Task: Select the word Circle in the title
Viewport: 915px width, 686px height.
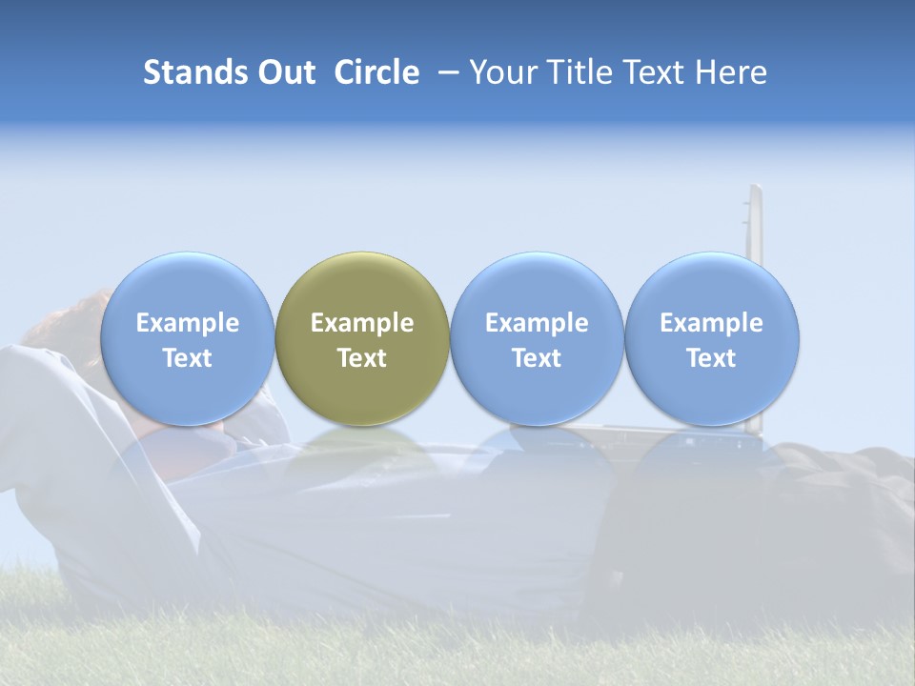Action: point(376,72)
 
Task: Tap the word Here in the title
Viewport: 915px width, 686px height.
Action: point(731,72)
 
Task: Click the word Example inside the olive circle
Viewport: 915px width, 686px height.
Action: point(362,323)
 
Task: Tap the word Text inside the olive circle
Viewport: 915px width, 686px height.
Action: point(362,358)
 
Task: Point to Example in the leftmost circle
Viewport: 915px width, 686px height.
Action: point(188,323)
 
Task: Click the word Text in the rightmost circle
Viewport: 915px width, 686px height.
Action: point(712,358)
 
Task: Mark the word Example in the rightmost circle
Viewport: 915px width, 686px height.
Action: point(712,323)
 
